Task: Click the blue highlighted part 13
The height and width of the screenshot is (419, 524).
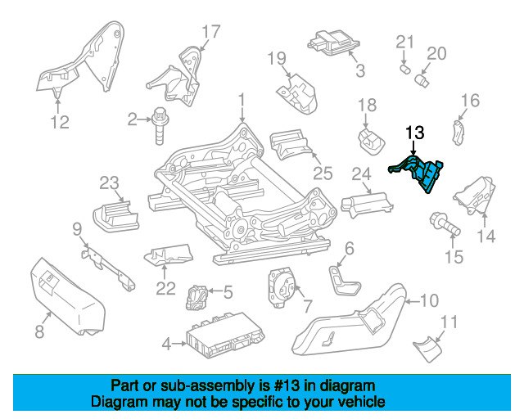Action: click(422, 172)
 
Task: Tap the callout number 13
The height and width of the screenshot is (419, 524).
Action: click(415, 133)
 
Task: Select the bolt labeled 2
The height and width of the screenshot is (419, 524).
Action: click(160, 125)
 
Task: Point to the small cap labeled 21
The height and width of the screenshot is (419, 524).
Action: click(405, 70)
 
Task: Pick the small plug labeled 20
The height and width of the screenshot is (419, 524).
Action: click(422, 80)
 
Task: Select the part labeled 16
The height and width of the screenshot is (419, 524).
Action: click(458, 133)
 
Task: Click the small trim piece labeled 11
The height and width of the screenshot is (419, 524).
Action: click(428, 349)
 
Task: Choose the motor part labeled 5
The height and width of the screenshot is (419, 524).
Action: click(197, 297)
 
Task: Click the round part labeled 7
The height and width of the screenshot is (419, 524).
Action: click(282, 287)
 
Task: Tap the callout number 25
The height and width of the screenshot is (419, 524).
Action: click(323, 173)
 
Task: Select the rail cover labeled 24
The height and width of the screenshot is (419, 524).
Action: click(367, 204)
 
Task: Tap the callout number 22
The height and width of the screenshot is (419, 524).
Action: click(165, 289)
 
